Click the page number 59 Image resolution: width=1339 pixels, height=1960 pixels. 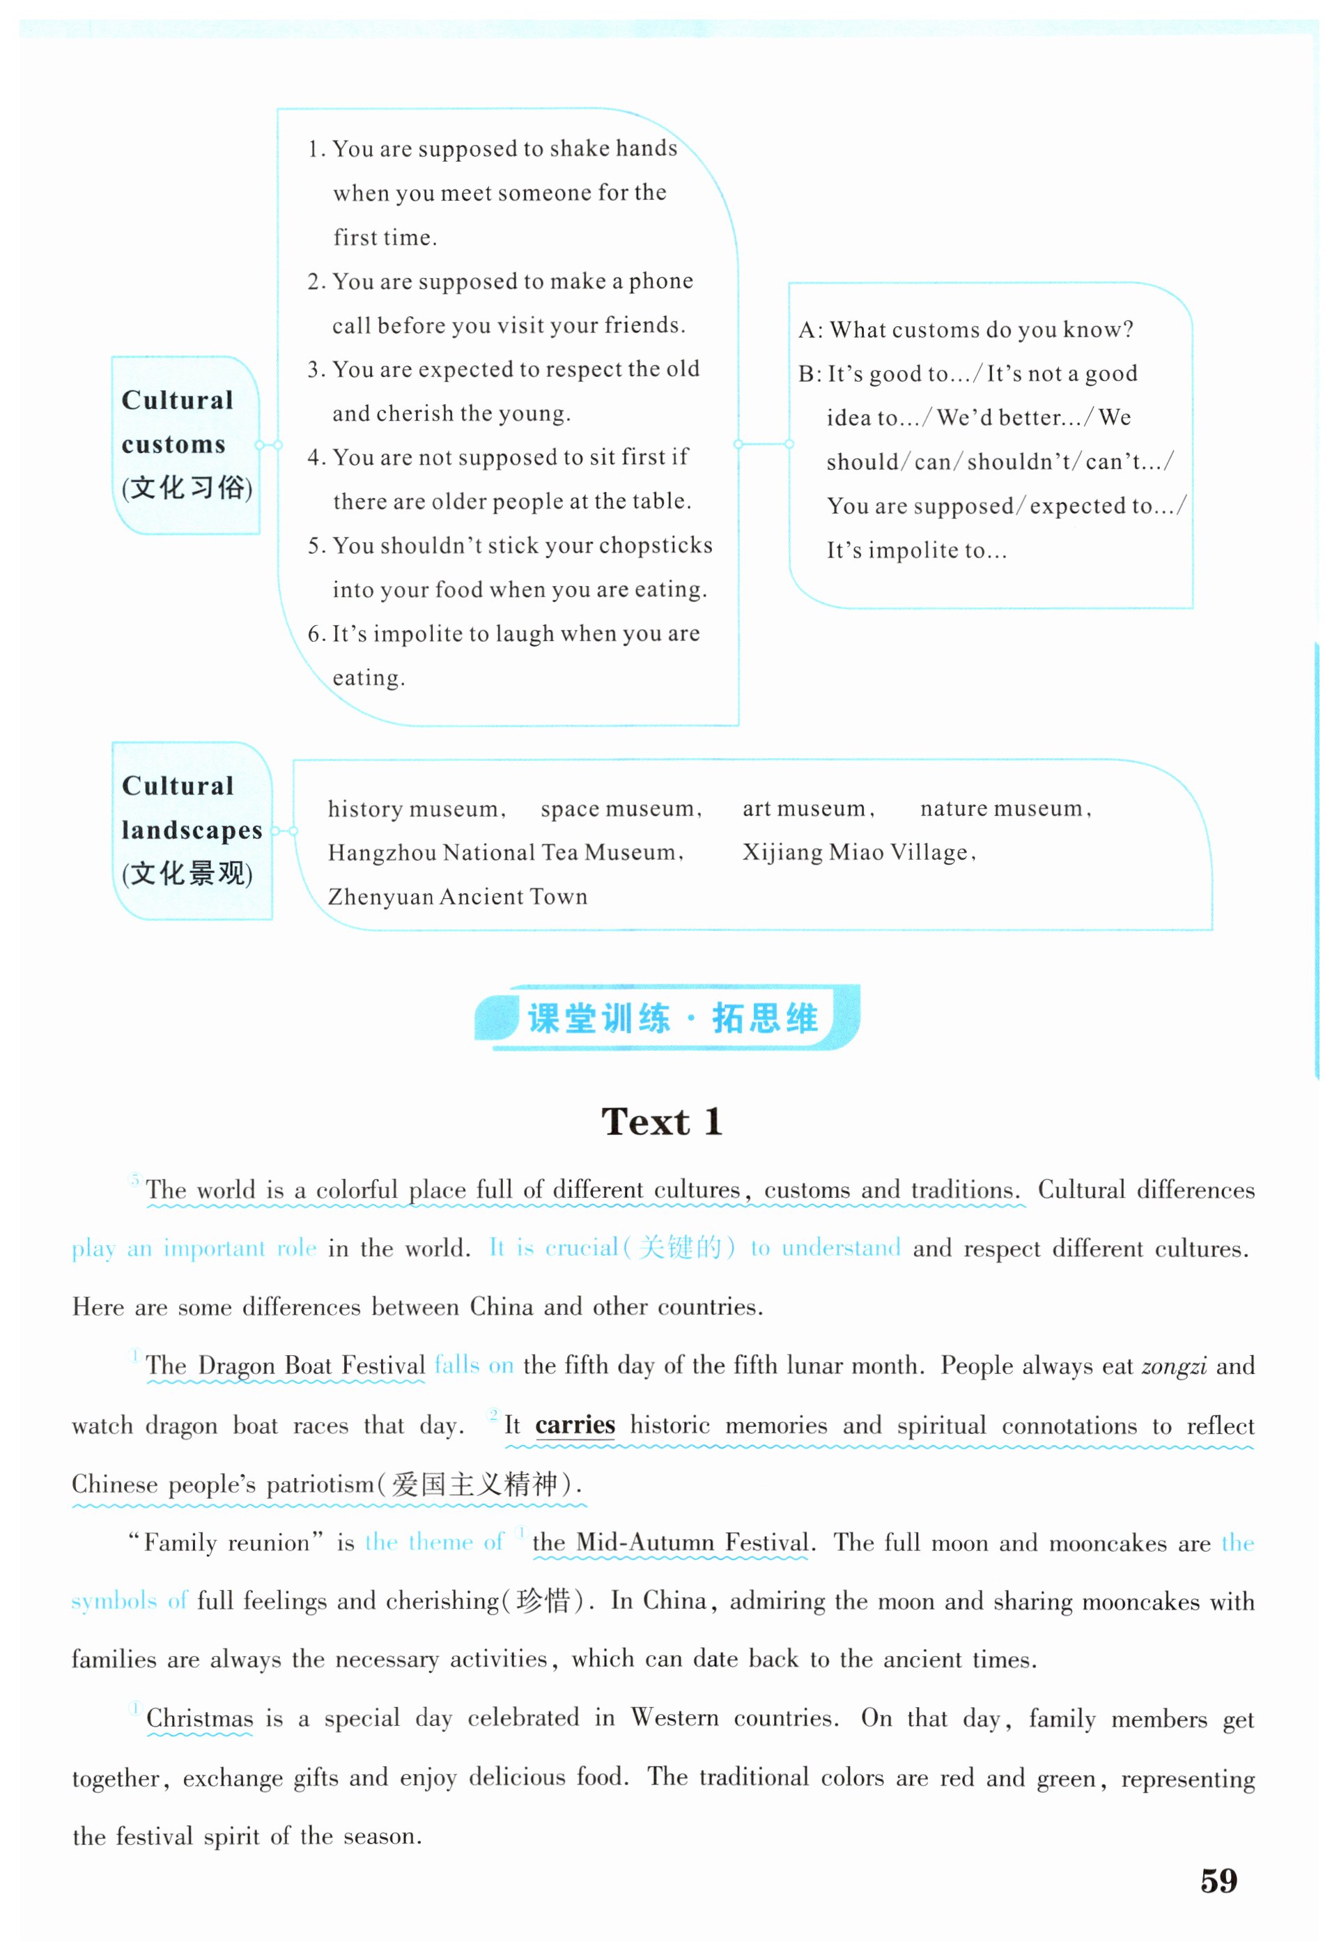pyautogui.click(x=1218, y=1880)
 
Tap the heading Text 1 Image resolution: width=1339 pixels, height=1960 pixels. pyautogui.click(x=662, y=1122)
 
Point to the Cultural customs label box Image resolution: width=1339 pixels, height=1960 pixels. pyautogui.click(x=185, y=445)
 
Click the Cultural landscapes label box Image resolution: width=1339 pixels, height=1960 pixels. pyautogui.click(x=192, y=830)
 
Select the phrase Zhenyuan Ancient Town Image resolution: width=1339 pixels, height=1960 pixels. pyautogui.click(x=457, y=897)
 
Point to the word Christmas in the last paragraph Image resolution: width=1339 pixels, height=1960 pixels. pyautogui.click(x=199, y=1718)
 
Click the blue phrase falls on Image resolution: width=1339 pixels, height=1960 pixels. pyautogui.click(x=473, y=1366)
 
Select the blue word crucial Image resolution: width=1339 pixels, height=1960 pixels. pyautogui.click(x=581, y=1248)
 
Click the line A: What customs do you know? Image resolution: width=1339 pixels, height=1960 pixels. pyautogui.click(x=966, y=330)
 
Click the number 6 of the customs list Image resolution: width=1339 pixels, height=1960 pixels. pyautogui.click(x=314, y=634)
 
